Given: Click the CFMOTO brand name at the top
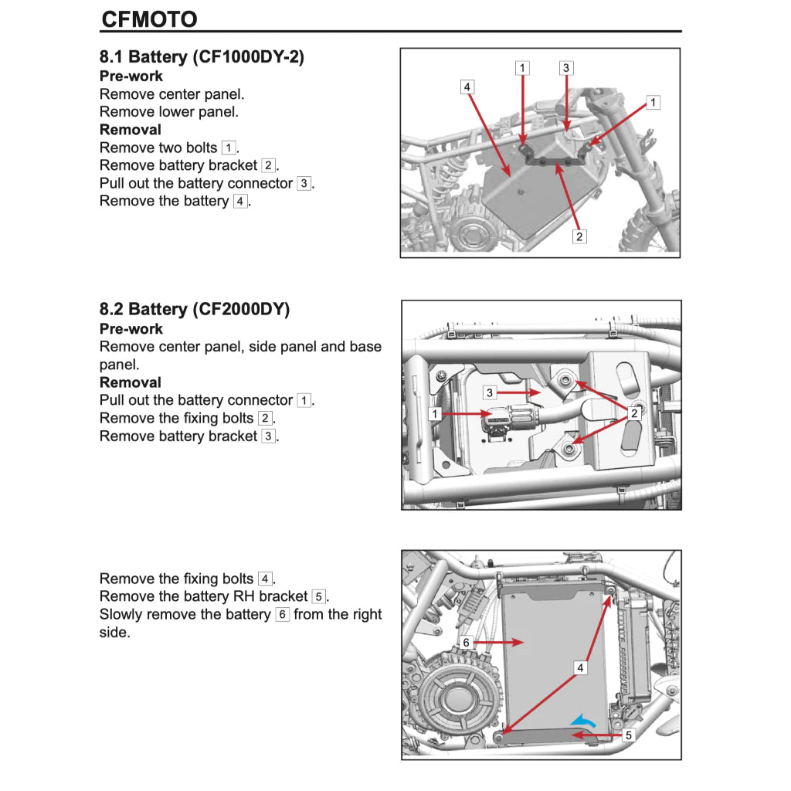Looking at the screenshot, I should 149,19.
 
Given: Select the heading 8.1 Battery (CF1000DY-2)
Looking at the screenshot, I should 202,57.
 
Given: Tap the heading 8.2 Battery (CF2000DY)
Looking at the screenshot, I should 195,310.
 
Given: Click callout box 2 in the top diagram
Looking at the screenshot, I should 579,236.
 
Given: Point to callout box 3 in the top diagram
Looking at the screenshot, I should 566,68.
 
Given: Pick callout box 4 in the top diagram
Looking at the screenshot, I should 467,87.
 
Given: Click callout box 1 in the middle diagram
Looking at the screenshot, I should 435,415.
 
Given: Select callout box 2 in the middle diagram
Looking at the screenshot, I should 634,413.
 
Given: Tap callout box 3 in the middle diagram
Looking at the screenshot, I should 489,393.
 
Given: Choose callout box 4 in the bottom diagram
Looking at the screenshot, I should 579,667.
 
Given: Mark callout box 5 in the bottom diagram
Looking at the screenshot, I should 628,735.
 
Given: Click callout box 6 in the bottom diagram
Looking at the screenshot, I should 466,643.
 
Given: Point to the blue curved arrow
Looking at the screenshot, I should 583,722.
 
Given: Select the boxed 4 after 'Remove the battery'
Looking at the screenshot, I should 240,202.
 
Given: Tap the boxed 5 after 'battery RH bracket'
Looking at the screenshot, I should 319,597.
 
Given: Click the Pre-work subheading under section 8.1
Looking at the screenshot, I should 131,76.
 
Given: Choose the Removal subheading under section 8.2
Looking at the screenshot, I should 131,382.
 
